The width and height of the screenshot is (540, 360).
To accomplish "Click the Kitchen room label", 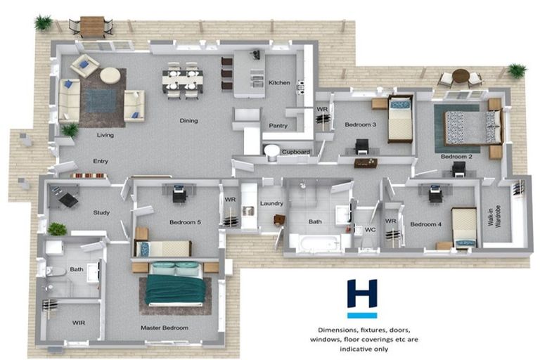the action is coord(279,83).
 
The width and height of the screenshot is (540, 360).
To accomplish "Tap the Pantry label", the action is coord(278,126).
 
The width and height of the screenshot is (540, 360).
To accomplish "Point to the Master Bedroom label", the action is coord(165,328).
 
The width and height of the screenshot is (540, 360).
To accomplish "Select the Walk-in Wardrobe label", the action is coord(494,216).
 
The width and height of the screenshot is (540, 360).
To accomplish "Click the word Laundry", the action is coord(271,204).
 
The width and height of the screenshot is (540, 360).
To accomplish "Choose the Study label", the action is coord(101,212).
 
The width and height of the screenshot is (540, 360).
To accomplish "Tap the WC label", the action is coord(371,229).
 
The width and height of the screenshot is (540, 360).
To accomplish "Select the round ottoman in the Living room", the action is coord(110,75).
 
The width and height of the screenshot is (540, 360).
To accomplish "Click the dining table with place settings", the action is coord(183,81).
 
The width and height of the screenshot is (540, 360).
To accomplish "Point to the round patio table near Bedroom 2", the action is coord(461,75).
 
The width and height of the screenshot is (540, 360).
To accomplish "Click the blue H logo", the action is coord(362,293).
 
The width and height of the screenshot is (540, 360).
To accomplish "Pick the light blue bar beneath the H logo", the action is coord(362,315).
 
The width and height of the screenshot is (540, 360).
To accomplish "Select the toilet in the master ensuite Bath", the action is coord(55,272).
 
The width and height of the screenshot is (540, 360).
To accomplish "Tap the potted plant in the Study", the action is coord(57,229).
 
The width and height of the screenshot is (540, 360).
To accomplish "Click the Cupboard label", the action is coord(296,152).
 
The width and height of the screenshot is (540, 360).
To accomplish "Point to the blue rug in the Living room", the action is coord(101,101).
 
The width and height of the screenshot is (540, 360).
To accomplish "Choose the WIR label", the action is coord(79,323).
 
